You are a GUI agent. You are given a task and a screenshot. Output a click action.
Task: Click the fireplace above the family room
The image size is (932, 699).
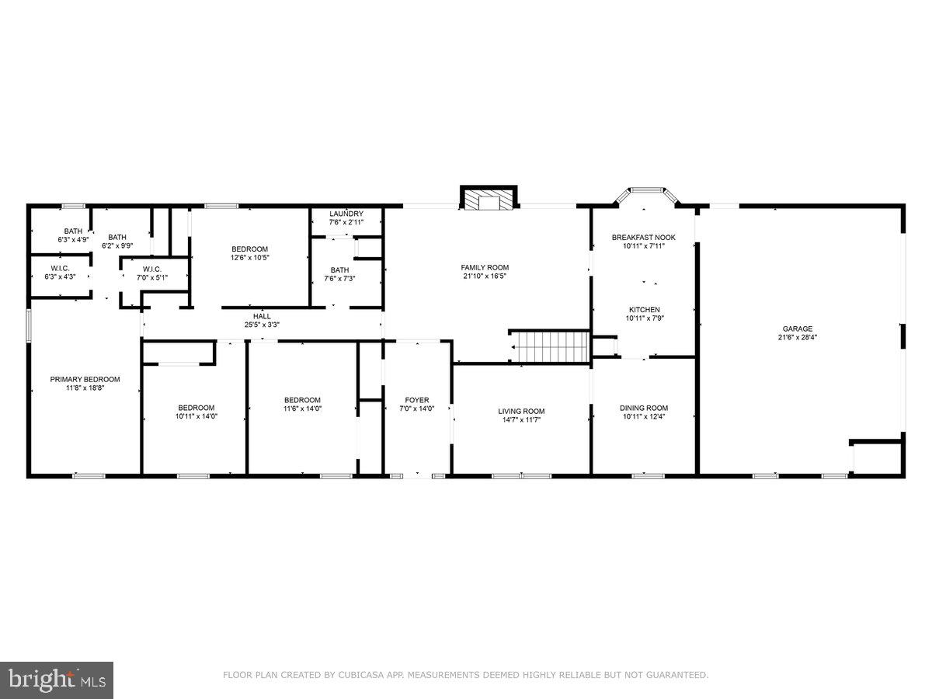click(489, 199)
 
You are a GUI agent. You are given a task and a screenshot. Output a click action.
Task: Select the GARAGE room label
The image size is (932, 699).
click(798, 329)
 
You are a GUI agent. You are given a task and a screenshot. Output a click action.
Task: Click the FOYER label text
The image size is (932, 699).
click(417, 400)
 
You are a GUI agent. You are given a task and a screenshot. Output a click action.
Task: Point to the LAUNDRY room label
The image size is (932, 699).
click(346, 214)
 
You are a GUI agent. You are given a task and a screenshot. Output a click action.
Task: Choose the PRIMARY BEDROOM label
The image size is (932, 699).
click(85, 379)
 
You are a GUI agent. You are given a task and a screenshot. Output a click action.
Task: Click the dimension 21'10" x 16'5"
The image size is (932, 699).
click(485, 276)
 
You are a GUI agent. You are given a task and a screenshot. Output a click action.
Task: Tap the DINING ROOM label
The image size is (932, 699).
click(643, 408)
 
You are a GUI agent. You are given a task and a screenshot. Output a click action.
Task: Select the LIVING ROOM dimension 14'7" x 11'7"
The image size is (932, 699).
click(521, 419)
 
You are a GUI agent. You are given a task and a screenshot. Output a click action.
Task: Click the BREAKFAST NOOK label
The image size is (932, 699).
click(643, 238)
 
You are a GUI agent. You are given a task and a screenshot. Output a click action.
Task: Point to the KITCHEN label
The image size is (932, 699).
click(644, 309)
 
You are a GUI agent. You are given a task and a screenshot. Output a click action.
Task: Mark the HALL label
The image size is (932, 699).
click(263, 316)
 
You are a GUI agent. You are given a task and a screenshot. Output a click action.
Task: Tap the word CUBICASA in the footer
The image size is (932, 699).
click(357, 676)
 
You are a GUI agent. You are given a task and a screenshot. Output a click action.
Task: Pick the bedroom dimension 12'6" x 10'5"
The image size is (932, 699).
click(249, 257)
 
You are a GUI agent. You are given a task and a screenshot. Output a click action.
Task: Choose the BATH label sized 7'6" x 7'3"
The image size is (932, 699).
click(339, 278)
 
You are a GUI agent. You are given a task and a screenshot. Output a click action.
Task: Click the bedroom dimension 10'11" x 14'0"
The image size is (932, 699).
click(196, 416)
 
